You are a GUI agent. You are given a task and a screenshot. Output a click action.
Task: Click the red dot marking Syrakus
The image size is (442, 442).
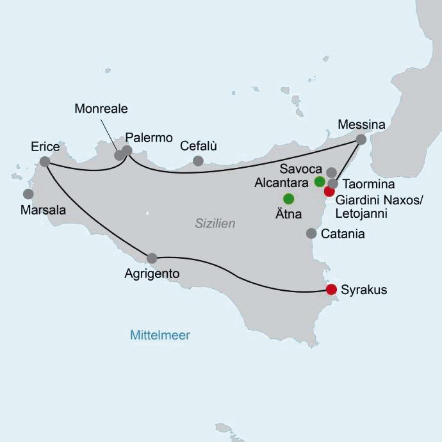[331, 290]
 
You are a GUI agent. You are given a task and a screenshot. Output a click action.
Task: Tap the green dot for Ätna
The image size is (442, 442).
[288, 198]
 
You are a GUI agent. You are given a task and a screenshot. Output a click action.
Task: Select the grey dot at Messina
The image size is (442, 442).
[361, 139]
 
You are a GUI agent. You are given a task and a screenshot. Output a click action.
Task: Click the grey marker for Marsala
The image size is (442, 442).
[28, 193]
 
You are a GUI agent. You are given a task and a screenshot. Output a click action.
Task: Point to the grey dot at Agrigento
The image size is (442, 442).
[152, 258]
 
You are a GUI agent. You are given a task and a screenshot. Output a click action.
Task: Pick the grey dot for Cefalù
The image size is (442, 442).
[198, 161]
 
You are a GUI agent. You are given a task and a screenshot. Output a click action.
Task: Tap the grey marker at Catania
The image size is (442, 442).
[311, 233]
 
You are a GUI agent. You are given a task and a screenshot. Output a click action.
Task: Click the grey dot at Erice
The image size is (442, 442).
[44, 161]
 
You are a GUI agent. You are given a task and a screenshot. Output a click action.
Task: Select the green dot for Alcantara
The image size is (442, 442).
[320, 181]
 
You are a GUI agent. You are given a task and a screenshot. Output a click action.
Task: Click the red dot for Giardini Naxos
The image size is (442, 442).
[329, 191]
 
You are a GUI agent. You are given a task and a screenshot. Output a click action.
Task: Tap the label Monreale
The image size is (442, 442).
[101, 109]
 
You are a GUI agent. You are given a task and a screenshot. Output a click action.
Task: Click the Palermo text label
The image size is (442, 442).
[149, 138]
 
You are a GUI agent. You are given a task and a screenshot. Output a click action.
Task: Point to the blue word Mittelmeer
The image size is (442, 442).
[160, 335]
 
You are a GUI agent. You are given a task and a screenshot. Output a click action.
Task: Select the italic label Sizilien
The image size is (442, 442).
[215, 224]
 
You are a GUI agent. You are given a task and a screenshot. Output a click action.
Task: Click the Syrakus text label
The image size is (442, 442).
[364, 290]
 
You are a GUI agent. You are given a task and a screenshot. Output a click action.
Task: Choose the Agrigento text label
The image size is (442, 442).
[152, 274]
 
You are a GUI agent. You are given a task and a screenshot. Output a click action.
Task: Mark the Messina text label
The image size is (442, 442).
[363, 124]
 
